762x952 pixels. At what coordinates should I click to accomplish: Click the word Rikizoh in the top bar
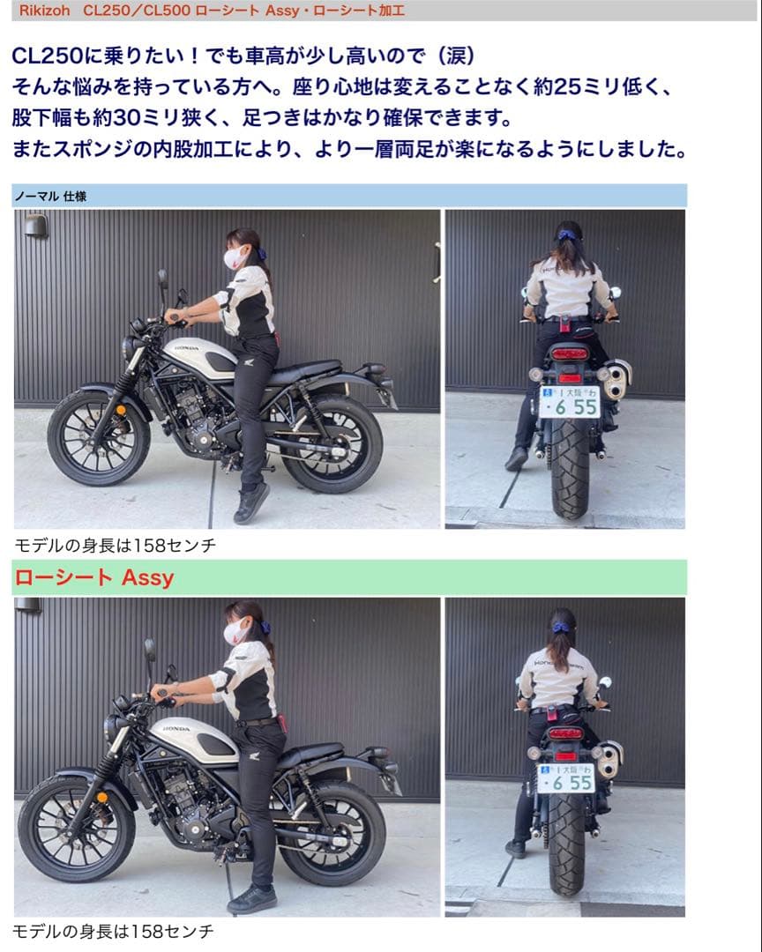44,11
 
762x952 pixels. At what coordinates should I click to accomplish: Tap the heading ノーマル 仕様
50,197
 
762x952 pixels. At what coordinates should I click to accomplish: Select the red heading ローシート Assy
93,578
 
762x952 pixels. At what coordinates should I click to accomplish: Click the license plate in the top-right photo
569,401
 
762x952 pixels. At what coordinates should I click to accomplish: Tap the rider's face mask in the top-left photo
235,257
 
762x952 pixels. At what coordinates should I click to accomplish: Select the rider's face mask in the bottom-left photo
235,630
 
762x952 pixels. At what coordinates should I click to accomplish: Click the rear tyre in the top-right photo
570,472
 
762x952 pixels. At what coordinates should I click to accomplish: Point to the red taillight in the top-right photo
569,353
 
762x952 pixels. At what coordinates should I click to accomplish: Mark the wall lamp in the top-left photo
35,226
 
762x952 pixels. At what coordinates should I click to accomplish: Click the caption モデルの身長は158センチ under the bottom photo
114,931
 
